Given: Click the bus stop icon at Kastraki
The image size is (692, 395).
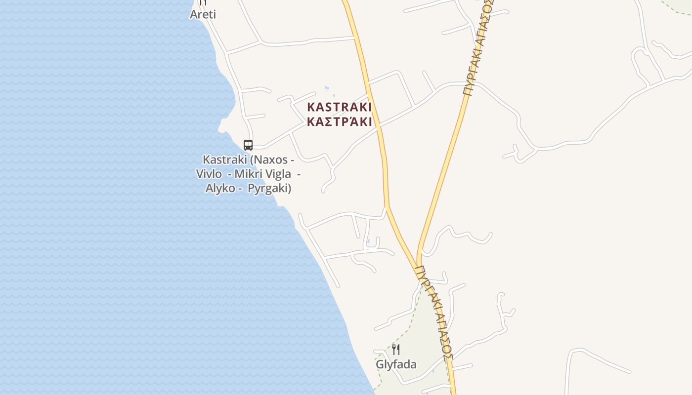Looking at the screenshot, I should (x=248, y=145).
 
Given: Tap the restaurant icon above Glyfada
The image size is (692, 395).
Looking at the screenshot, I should (x=396, y=350).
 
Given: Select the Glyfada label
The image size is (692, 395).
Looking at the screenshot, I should (x=396, y=365).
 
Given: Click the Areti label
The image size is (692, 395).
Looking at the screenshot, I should (x=203, y=14).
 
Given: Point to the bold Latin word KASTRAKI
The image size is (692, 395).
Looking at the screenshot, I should (x=339, y=107).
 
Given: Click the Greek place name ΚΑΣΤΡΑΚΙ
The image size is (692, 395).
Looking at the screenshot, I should (x=339, y=122).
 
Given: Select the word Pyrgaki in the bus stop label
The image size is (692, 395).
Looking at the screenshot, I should (x=269, y=188).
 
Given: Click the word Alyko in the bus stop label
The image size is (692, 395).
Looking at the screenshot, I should (x=220, y=188).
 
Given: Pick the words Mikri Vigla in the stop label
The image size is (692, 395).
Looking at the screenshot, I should (x=262, y=174).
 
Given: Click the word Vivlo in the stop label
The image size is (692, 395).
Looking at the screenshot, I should (x=209, y=174).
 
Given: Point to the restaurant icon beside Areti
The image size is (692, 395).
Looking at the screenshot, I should (x=203, y=2).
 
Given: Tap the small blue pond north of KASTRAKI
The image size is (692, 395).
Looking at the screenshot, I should (x=327, y=89).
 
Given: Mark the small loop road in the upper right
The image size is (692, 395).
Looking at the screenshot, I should (x=641, y=62).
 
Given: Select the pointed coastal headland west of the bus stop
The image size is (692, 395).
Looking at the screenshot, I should (x=221, y=130).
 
